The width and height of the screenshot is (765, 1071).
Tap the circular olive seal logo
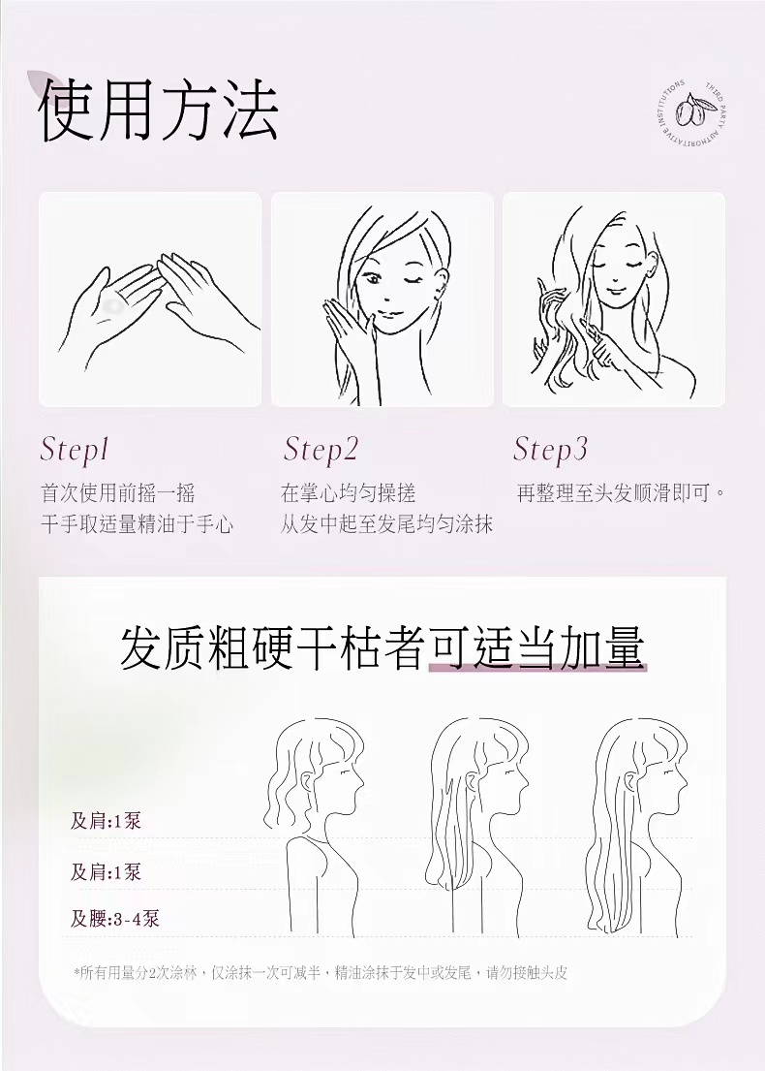[x=691, y=110]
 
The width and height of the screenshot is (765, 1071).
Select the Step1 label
[x=75, y=450]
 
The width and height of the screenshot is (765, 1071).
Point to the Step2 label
[x=321, y=450]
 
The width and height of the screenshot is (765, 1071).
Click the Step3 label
[x=550, y=450]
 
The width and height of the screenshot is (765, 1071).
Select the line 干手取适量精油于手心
[x=137, y=524]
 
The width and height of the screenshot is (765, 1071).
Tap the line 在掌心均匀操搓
[x=348, y=493]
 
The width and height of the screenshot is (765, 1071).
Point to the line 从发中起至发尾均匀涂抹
[x=386, y=524]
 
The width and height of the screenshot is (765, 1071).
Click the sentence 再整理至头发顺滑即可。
[x=621, y=493]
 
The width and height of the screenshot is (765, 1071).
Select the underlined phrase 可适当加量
[x=536, y=648]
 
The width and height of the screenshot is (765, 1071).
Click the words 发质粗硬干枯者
[x=273, y=648]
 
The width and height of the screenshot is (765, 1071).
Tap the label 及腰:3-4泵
[x=114, y=919]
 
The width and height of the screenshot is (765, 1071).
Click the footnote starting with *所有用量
[x=320, y=973]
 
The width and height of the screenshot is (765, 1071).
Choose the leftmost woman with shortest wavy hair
[x=320, y=824]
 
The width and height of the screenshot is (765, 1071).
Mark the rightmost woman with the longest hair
[x=639, y=824]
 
